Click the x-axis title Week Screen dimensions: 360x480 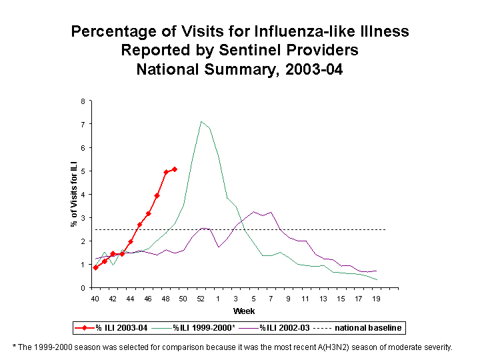[x=243, y=311]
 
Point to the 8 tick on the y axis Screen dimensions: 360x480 [x=83, y=101]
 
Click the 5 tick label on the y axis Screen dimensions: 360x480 [x=83, y=171]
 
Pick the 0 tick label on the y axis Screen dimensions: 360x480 [x=83, y=288]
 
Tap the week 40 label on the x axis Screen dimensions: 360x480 [x=95, y=299]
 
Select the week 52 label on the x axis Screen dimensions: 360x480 [x=201, y=299]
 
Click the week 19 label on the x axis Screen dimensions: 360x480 [x=377, y=299]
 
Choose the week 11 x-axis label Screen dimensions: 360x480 [x=306, y=299]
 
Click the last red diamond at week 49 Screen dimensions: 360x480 [x=175, y=169]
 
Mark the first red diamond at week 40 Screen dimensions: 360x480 [x=95, y=267]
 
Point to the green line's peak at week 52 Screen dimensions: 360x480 [x=201, y=121]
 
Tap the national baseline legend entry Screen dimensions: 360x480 [x=367, y=328]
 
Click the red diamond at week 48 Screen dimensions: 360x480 [x=166, y=172]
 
